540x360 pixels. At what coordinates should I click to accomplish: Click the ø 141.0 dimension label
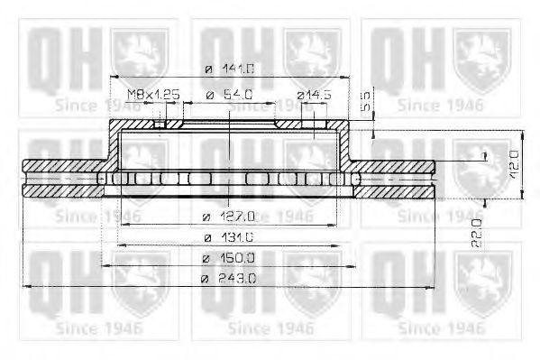pos(230,69)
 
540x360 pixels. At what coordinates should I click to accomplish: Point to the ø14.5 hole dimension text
pos(315,94)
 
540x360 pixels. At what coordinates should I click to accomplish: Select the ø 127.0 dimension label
pos(229,215)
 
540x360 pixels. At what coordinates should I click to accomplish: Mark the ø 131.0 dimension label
pos(229,236)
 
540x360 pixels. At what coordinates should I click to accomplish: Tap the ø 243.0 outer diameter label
pos(229,279)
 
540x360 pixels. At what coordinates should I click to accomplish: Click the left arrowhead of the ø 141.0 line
pos(113,76)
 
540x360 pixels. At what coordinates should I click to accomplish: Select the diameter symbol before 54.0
pos(208,94)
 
